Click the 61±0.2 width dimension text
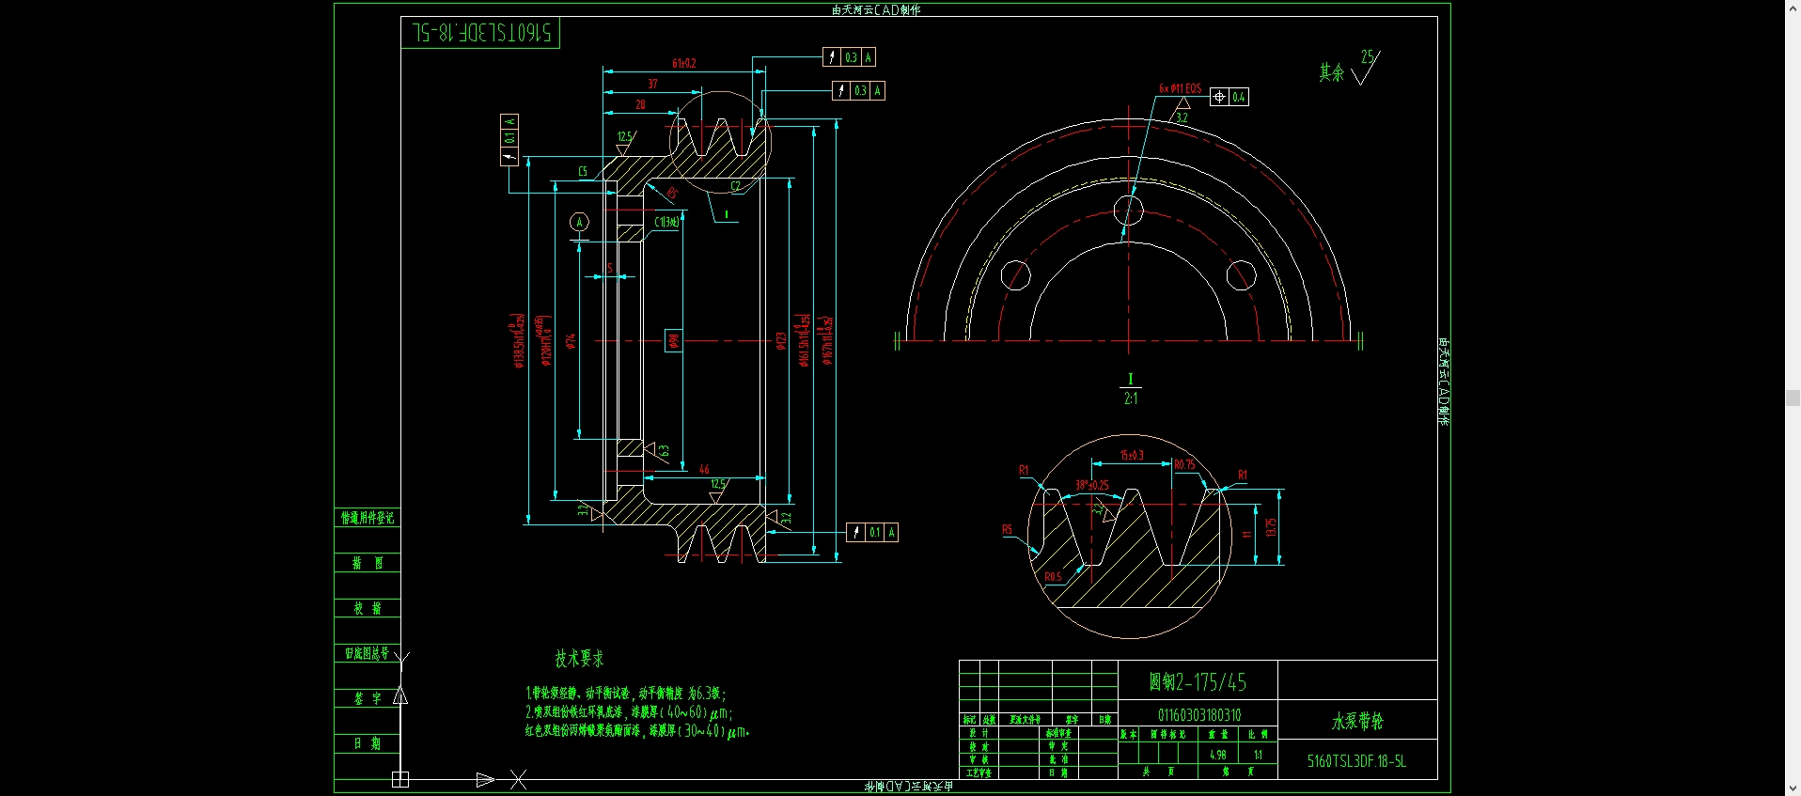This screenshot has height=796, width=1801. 683,63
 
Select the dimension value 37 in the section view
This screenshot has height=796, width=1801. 652,84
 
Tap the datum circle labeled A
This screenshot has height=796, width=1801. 579,222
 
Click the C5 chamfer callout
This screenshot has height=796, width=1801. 583,171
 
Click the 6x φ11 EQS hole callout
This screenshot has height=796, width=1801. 1180,88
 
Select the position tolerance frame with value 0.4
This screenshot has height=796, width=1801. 1229,97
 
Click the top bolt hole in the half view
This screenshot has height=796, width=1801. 1128,210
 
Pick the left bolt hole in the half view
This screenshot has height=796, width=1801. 1015,275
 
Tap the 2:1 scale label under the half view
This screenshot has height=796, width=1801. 1130,398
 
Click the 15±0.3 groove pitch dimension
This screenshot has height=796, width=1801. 1132,455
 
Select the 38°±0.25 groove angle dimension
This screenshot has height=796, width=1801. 1091,485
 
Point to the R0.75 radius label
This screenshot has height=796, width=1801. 1184,464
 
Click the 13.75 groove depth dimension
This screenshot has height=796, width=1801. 1271,527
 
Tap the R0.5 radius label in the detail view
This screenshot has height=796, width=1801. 1053,577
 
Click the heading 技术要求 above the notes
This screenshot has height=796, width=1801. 579,659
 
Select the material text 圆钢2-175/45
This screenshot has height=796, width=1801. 1198,681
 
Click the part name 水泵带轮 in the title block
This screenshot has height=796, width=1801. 1357,721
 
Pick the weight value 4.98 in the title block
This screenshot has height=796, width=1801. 1217,755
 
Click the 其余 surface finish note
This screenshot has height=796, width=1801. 1331,72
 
